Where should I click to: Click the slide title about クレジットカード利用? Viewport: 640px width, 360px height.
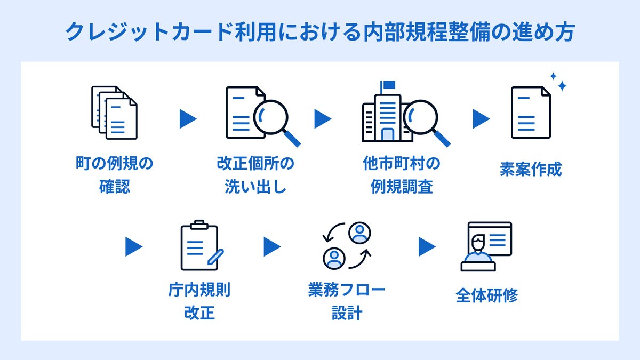coord(320,32)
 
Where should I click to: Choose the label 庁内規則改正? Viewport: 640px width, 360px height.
coord(199,301)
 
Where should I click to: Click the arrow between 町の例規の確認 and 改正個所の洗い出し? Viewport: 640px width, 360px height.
coord(188,119)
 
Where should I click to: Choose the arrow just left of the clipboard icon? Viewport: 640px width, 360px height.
coord(134,246)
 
